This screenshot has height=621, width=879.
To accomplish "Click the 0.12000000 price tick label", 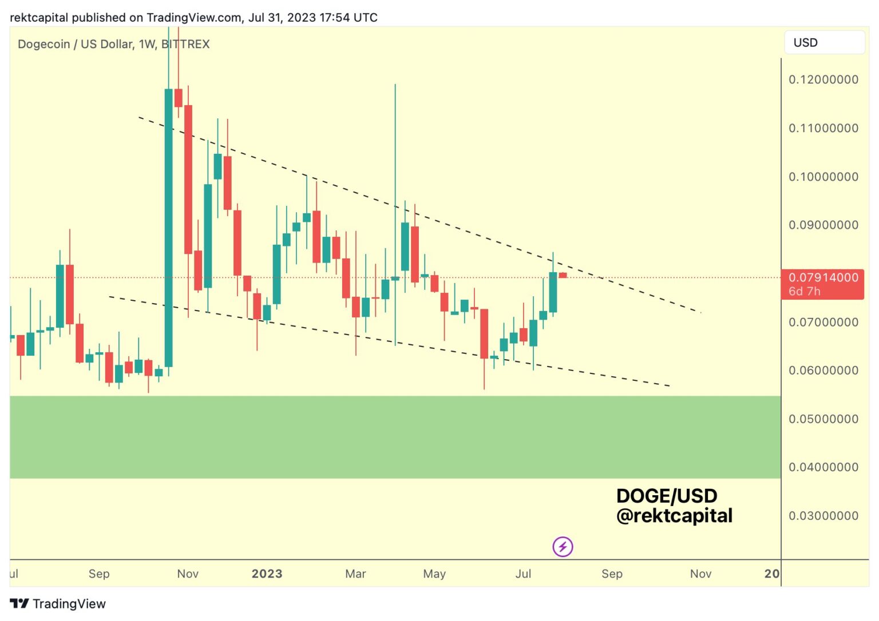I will (x=823, y=79).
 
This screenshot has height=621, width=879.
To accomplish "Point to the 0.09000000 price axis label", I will (x=823, y=225).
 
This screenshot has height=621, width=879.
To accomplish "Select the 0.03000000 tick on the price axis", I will (x=823, y=516).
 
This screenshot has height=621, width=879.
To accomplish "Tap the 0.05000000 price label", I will (x=823, y=419).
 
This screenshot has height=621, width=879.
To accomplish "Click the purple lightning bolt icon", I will (x=563, y=547).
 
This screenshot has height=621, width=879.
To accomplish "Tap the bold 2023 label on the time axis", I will (x=267, y=574).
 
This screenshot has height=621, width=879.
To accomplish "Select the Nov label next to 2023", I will (x=188, y=574).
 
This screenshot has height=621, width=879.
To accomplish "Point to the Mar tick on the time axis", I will (x=355, y=574).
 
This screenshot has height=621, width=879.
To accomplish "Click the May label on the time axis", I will (x=434, y=574).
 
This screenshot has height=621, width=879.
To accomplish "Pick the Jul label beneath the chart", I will (x=523, y=574).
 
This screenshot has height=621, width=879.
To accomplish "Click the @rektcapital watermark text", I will (x=674, y=516).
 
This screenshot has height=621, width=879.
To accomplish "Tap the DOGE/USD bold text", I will (x=667, y=496).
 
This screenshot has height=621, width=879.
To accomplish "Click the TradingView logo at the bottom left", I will (x=58, y=604).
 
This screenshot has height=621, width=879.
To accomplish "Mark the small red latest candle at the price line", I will (x=563, y=276).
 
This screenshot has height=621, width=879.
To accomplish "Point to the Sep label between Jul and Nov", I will (x=612, y=574).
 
